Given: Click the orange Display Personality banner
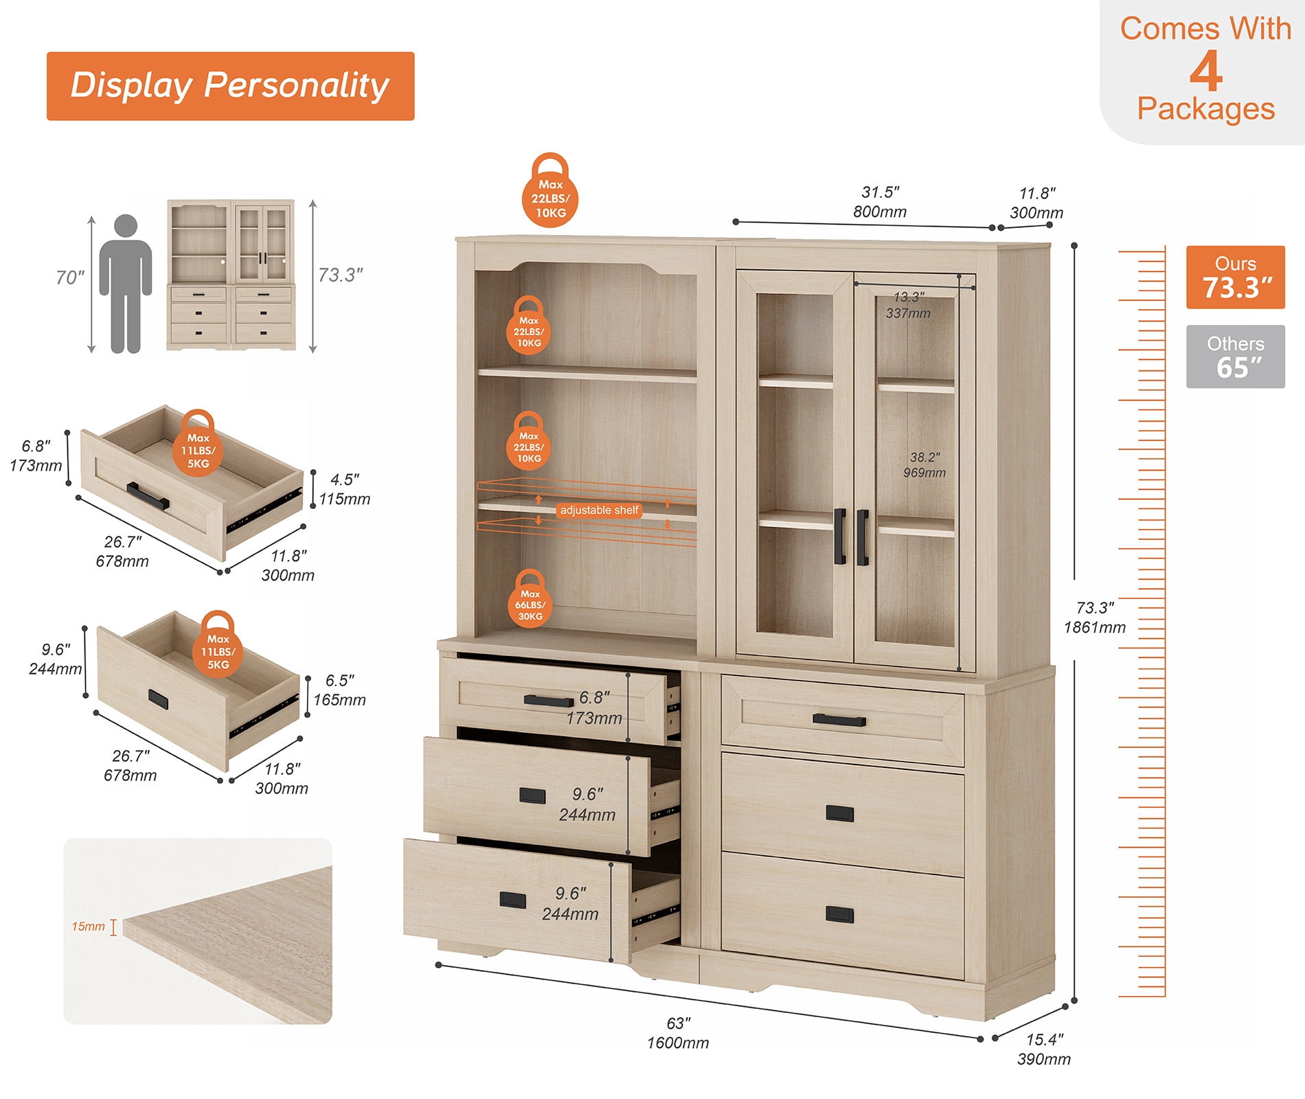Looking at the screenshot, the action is click(231, 86).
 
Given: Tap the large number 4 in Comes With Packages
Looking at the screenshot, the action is click(1206, 71).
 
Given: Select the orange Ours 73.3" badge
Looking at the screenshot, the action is click(1235, 277).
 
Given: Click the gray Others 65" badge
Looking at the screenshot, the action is click(1235, 356).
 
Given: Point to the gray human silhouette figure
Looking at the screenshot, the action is click(126, 284).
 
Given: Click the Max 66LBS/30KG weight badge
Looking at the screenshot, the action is click(530, 598).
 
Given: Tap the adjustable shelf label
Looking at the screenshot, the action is click(600, 510).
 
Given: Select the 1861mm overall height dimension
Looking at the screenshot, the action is click(1095, 627).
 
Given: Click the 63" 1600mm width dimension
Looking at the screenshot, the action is click(678, 1033).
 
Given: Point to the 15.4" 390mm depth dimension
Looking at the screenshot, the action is click(1044, 1050).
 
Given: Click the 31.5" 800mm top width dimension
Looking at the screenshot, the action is click(880, 202).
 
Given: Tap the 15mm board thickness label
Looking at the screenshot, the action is click(89, 927).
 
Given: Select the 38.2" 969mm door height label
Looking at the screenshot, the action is click(924, 465).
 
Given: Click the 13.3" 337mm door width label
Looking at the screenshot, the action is click(908, 305).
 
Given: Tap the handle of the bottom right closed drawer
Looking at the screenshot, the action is click(839, 915).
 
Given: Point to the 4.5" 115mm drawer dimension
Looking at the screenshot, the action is click(345, 489).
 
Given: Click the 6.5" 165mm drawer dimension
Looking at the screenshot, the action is click(340, 690).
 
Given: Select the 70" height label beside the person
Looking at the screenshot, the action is click(70, 277).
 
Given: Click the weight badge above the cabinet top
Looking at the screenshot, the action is click(550, 190).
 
